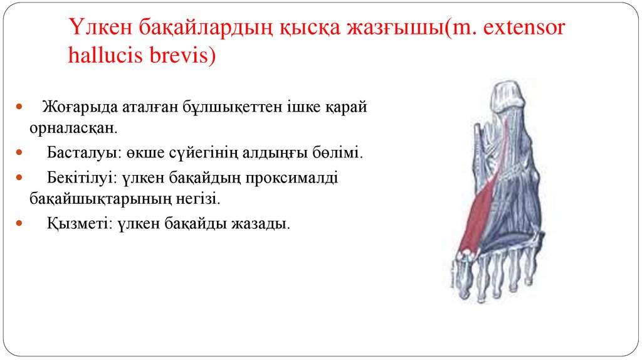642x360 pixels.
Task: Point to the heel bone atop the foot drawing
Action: click(x=507, y=95)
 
